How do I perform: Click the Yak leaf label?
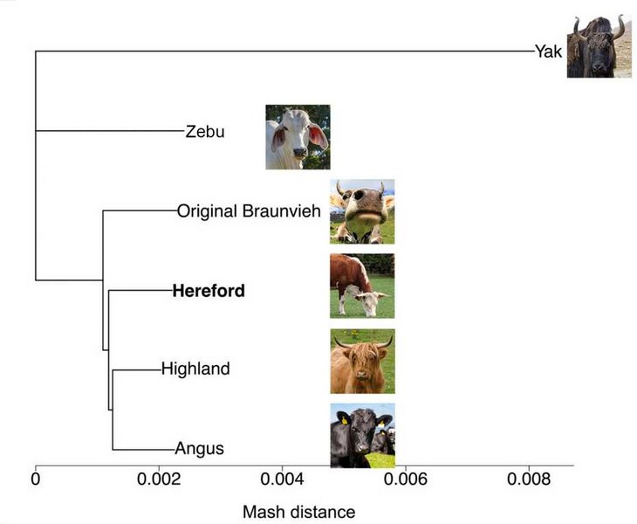(x=549, y=52)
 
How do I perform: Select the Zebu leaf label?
(x=205, y=131)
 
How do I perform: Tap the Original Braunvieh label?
(x=249, y=211)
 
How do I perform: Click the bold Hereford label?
(x=209, y=291)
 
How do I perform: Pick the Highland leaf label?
(x=195, y=369)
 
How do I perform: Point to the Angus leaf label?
(x=200, y=448)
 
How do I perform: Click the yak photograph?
(x=599, y=46)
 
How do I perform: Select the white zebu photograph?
(x=298, y=137)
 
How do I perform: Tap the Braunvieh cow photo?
(x=362, y=211)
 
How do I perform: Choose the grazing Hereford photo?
(x=362, y=286)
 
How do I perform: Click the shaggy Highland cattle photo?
(x=362, y=361)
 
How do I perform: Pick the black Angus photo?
(x=362, y=436)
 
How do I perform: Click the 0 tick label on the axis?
(x=36, y=479)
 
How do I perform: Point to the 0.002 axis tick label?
(x=159, y=479)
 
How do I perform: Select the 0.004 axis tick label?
(x=282, y=479)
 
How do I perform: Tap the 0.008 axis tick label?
(x=529, y=479)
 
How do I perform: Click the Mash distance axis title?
(x=299, y=512)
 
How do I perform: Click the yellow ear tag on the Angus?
(x=344, y=420)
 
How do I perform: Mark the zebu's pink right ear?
(x=318, y=136)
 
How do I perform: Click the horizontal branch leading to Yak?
(x=284, y=52)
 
